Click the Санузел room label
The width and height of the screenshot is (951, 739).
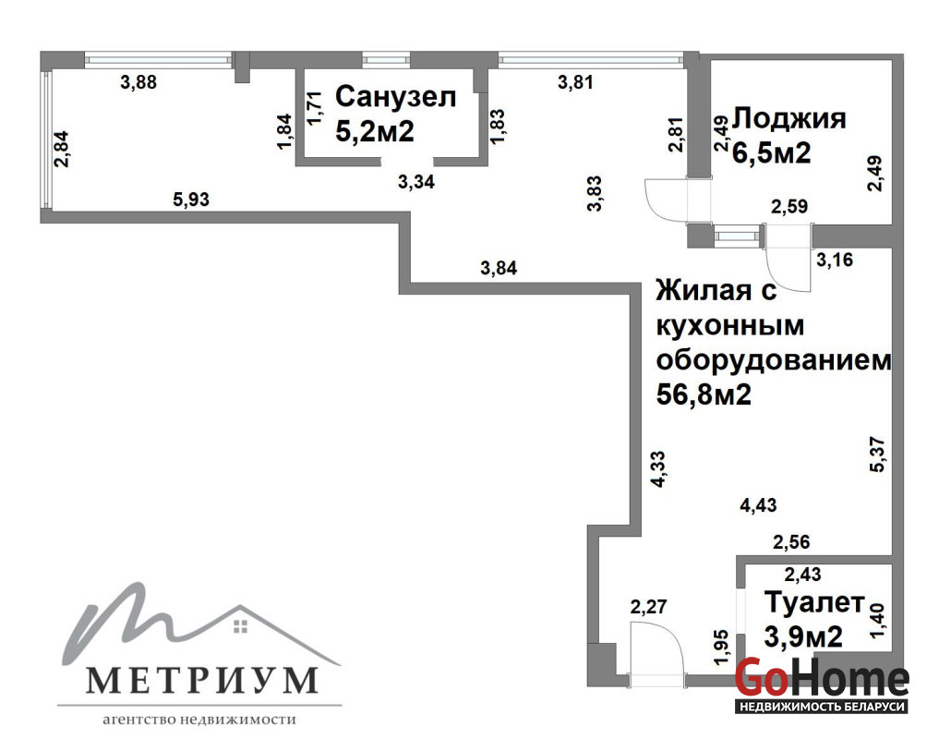coord(395,97)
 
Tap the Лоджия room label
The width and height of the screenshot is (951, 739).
coord(789,119)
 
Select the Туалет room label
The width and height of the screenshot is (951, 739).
coord(814,602)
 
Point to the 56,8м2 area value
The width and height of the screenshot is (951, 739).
coord(704,395)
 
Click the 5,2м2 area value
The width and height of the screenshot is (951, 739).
coord(375,131)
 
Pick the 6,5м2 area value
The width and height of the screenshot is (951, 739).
coord(772,153)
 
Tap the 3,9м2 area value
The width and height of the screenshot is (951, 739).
coord(803,637)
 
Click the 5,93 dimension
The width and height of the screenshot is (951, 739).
coord(191,199)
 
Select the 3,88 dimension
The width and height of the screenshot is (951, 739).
coord(138,82)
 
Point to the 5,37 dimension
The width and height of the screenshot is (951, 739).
coord(878,454)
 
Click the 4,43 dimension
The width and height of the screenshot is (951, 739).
coord(758,504)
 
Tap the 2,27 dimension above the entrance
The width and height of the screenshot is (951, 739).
coord(648,606)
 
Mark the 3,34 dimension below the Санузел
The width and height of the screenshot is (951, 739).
coord(416,181)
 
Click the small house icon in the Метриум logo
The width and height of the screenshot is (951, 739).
coord(240,626)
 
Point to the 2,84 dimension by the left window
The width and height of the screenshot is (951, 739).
coord(61,150)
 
